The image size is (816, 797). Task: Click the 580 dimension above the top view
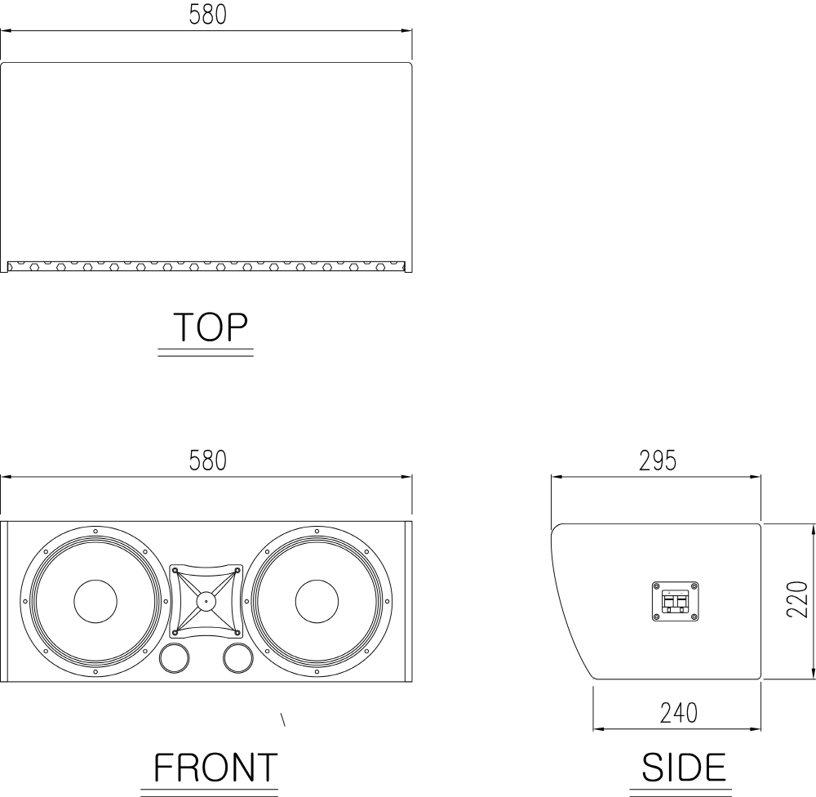[207, 15]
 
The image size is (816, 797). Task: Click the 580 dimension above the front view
[207, 461]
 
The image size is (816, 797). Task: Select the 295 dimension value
[657, 461]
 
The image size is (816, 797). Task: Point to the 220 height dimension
[796, 599]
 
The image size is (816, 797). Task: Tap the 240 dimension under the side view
[679, 713]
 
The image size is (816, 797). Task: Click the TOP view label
[211, 327]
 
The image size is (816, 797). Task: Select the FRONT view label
[215, 768]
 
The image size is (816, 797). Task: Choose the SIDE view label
[684, 768]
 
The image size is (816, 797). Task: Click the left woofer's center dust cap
[95, 601]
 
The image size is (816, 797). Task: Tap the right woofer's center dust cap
[317, 601]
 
